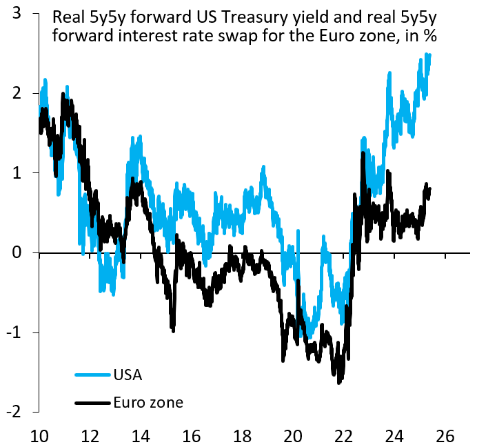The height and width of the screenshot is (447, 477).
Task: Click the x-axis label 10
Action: [x=39, y=435]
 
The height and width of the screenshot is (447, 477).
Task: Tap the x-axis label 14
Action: [x=141, y=435]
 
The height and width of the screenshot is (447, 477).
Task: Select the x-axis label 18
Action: [x=242, y=435]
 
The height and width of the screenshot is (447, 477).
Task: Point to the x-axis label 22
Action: [x=344, y=435]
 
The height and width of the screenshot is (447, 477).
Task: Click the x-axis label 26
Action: [x=445, y=435]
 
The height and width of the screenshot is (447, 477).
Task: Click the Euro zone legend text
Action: [x=148, y=402]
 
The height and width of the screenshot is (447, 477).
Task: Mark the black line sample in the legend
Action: [x=92, y=402]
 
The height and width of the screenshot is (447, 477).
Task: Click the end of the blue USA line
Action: [x=430, y=55]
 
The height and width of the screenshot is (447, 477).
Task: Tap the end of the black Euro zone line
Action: [x=430, y=188]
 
